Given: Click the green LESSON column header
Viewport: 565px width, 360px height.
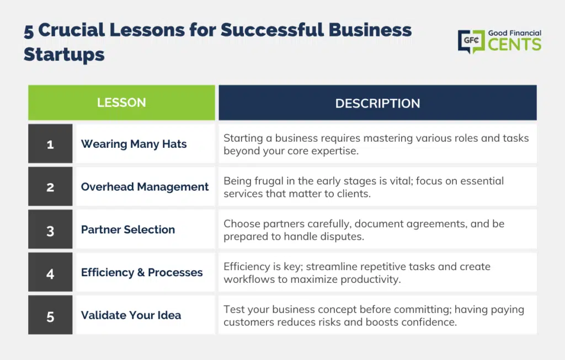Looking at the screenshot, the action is [121, 103].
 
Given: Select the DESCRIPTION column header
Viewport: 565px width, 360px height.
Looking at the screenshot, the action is [377, 103].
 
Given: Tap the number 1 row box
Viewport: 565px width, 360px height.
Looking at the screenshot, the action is [50, 144].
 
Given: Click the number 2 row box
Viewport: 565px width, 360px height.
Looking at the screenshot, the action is [50, 186].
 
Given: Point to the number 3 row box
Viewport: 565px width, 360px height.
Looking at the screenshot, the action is [50, 229].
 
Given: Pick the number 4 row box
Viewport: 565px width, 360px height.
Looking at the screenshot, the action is [50, 272].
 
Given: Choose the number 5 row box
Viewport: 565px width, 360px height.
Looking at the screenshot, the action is [50, 315].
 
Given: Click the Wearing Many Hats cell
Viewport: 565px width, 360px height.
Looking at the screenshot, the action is [146, 144].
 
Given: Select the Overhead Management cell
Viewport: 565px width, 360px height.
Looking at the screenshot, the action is [146, 186].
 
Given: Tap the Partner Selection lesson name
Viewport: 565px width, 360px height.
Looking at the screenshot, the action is [128, 229].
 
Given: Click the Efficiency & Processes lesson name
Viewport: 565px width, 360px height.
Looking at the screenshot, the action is [142, 272].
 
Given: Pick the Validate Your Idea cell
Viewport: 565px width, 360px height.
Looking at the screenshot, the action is [146, 315].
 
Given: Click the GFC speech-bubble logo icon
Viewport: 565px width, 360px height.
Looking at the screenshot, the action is [471, 41].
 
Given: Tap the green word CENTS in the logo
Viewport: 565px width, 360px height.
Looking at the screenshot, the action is [515, 45].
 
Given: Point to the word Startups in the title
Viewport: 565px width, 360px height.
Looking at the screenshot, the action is [64, 55].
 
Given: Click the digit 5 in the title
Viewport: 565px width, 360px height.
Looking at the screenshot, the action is [29, 31].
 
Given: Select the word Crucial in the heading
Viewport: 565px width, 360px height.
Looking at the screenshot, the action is [71, 30].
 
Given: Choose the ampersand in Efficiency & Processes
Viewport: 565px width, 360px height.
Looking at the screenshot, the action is [141, 272].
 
